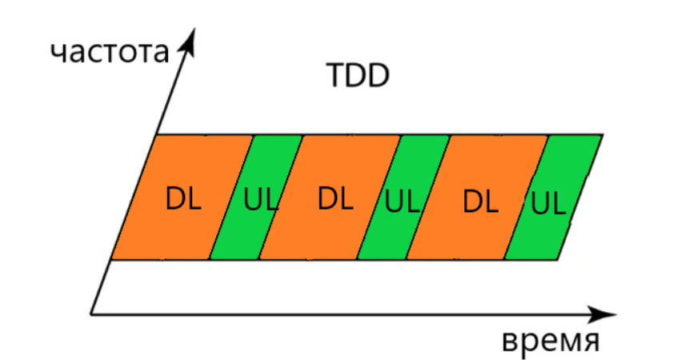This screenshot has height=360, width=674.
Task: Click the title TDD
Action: point(357,77)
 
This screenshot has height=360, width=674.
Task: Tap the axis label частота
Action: point(110,52)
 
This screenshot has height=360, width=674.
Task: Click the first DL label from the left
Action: point(183,198)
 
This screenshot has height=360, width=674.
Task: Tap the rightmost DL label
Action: point(481,201)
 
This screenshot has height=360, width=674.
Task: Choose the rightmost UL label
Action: point(548,203)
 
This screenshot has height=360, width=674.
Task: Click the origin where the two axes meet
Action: point(90,311)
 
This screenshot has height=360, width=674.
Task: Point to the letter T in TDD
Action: point(336,77)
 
